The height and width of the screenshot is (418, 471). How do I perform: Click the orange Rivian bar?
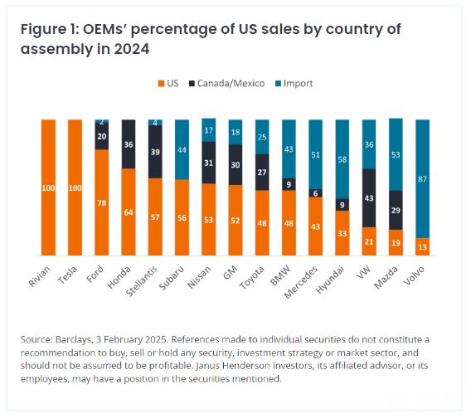pos(48,187)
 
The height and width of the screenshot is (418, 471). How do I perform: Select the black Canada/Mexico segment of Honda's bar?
pos(129,144)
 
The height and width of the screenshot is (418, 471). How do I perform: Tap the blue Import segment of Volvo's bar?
pos(422,179)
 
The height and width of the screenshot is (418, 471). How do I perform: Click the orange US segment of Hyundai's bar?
pos(342,233)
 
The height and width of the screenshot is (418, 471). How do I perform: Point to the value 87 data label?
pos(422,179)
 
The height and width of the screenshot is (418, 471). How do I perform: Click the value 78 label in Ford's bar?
pos(102,203)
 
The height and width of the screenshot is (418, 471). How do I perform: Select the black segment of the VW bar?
pos(369,198)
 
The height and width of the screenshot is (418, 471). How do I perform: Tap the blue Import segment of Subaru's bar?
pos(182,149)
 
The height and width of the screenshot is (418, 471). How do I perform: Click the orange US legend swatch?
pos(162,84)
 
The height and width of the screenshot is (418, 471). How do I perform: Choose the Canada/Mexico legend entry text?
pos(231,83)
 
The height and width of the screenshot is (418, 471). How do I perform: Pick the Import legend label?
pos(298,83)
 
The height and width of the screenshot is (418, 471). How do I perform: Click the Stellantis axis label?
pos(142,281)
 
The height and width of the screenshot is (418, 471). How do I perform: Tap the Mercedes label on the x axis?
pos(301,283)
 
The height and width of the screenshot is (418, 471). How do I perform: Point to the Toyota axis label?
pos(252,277)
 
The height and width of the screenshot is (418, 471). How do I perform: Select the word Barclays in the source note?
pos(73,339)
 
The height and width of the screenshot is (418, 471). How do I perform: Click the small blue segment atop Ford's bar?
pos(102,121)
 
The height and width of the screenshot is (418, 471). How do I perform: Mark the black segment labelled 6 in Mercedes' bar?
pos(315,193)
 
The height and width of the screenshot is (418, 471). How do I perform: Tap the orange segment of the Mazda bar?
pos(396,242)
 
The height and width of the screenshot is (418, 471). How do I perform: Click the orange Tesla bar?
pos(75,187)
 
